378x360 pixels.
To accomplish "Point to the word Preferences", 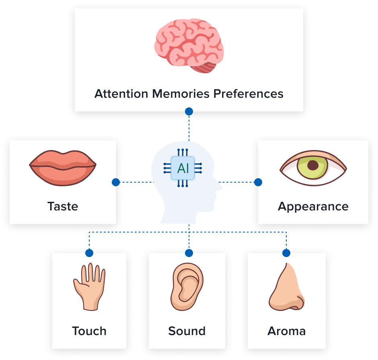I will (248, 94).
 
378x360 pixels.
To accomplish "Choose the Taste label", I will (63, 206).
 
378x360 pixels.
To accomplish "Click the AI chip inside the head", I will (183, 168).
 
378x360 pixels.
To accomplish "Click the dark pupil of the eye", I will (312, 165).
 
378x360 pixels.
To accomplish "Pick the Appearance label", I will (313, 206).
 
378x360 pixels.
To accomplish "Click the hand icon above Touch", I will (89, 286).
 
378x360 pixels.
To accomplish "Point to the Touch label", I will (89, 331).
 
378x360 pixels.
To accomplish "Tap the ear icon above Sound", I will (187, 286).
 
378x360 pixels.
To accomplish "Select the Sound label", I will (187, 331).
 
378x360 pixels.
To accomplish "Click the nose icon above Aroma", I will (286, 286).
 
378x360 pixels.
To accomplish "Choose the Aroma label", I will (286, 331).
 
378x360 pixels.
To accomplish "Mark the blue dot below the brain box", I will (189, 111).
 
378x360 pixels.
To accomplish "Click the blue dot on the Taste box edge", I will (116, 182).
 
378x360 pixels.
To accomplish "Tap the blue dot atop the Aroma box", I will (286, 253).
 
